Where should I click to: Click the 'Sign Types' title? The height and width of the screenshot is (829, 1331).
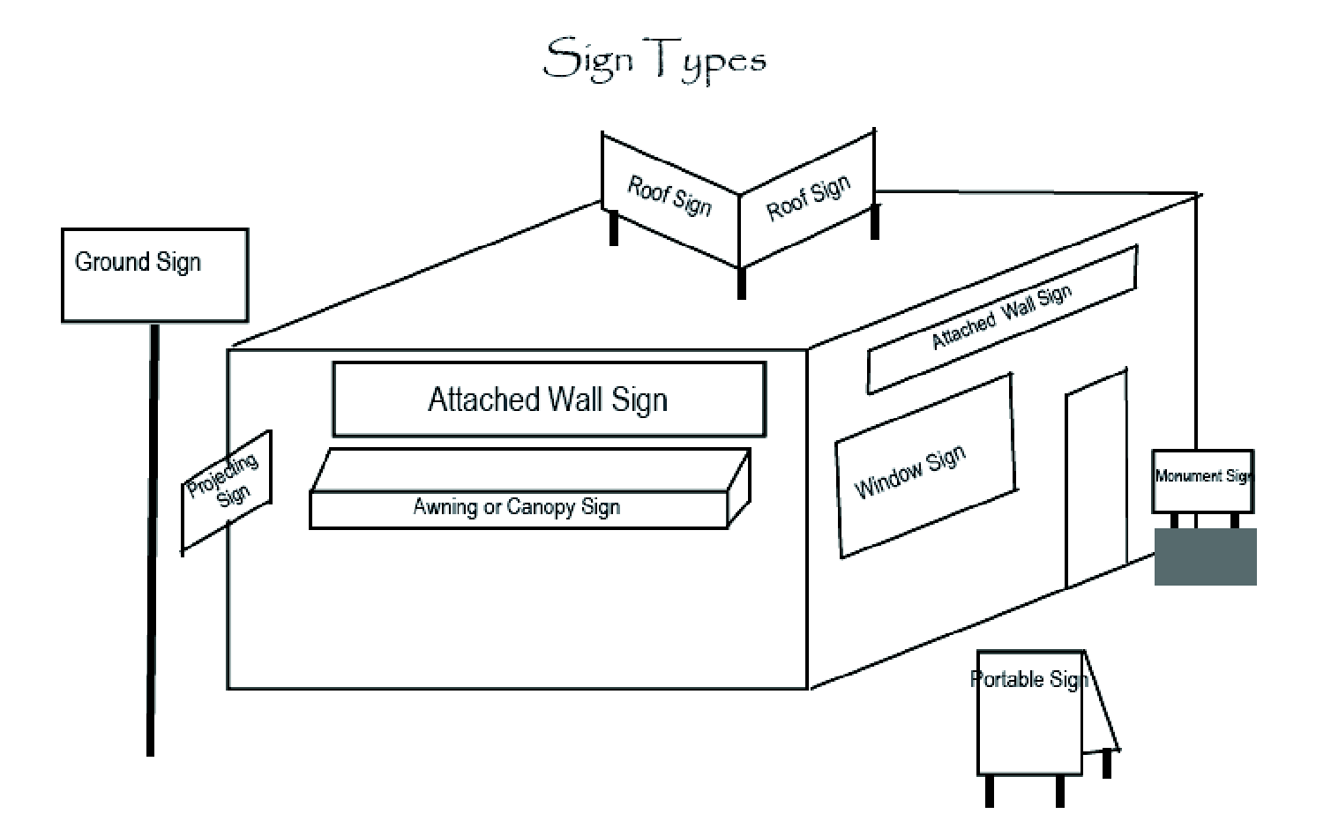(654, 59)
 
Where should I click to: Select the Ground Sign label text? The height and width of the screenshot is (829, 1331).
(138, 262)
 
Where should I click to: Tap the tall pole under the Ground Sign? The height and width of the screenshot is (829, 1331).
(153, 538)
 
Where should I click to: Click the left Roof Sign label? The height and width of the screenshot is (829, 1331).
(669, 196)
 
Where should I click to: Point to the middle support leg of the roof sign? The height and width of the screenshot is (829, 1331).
(741, 283)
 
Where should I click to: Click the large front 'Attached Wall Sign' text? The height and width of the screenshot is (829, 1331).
(548, 400)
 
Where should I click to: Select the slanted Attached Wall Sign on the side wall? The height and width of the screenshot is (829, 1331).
(1001, 317)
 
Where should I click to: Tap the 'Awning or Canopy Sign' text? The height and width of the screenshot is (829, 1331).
(517, 507)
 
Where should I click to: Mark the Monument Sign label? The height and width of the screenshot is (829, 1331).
(1203, 476)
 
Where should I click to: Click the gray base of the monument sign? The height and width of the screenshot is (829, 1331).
(1205, 556)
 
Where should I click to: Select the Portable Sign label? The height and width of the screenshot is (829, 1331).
(1028, 679)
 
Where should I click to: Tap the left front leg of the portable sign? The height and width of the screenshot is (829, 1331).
(990, 790)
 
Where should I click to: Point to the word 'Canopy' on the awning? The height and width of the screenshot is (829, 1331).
(544, 508)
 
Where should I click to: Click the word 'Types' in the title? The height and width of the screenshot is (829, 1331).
(710, 61)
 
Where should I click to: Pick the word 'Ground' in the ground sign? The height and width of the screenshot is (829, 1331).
(112, 262)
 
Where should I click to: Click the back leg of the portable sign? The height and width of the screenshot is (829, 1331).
(1107, 764)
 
